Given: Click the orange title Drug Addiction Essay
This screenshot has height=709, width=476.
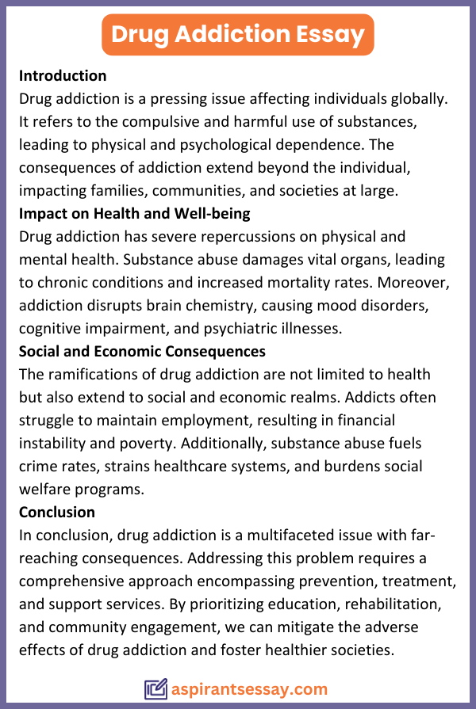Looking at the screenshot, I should pos(238,34).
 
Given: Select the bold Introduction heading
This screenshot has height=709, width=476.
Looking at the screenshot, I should pos(63,76).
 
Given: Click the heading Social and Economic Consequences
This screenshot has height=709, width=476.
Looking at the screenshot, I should pos(142,351).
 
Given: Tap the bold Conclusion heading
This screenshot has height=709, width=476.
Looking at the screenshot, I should pos(57,512).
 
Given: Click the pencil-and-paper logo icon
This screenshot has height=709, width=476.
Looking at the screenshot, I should pos(155,689).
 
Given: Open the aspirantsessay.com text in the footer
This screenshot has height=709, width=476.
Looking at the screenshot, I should pos(249,689).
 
